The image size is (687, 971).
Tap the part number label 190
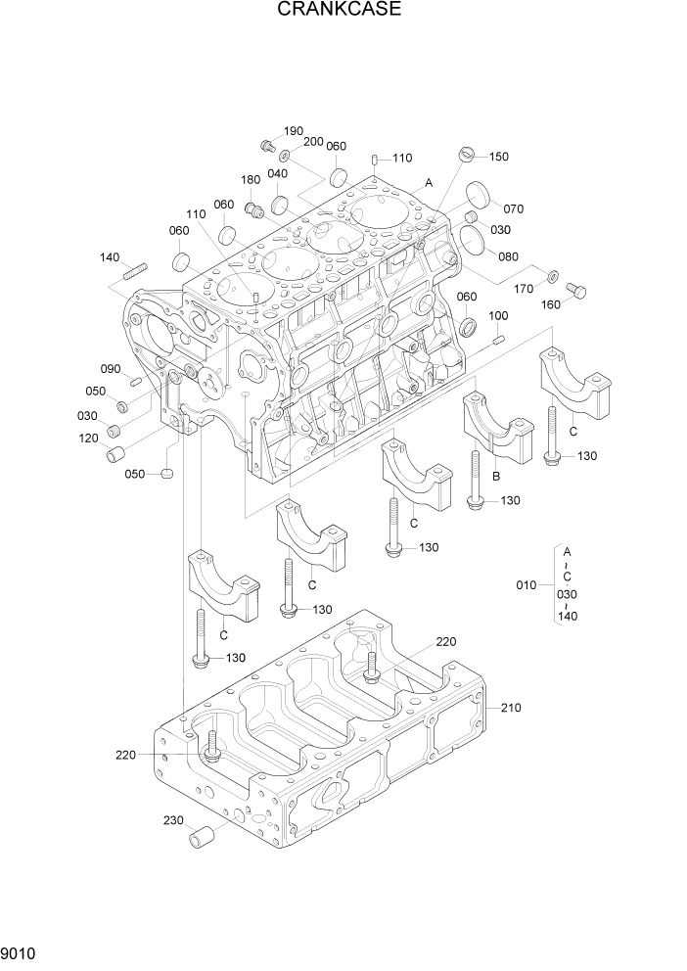pyautogui.click(x=294, y=131)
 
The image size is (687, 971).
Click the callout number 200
pyautogui.click(x=313, y=142)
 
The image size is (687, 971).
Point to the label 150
pyautogui.click(x=498, y=157)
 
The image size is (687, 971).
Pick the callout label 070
pyautogui.click(x=514, y=208)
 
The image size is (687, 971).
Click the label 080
pyautogui.click(x=508, y=257)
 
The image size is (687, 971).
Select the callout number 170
pyautogui.click(x=524, y=289)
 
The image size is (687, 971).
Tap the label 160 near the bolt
pyautogui.click(x=551, y=303)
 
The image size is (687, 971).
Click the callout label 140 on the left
pyautogui.click(x=110, y=257)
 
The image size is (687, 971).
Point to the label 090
pyautogui.click(x=110, y=369)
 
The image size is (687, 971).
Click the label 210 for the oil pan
pyautogui.click(x=512, y=707)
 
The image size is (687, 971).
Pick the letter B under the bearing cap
pyautogui.click(x=495, y=477)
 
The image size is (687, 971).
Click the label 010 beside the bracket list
pyautogui.click(x=527, y=585)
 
